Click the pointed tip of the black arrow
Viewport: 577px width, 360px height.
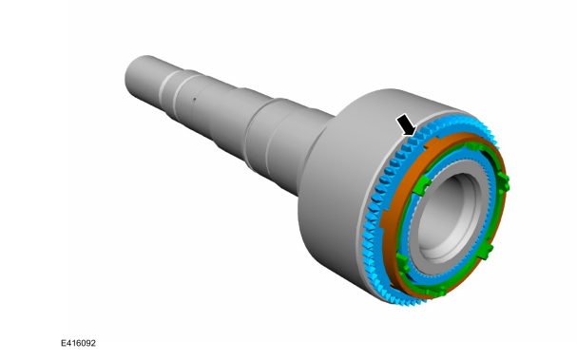click(x=414, y=133)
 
